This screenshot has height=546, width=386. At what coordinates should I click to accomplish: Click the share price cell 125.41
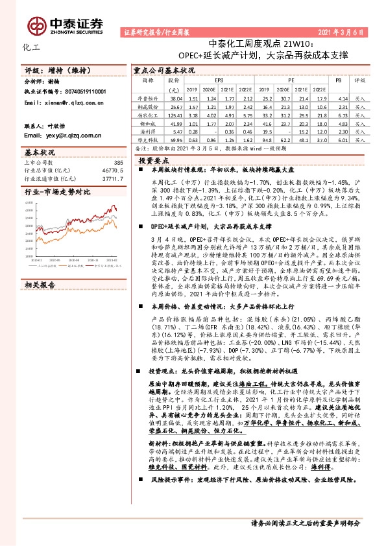[x=173, y=113]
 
